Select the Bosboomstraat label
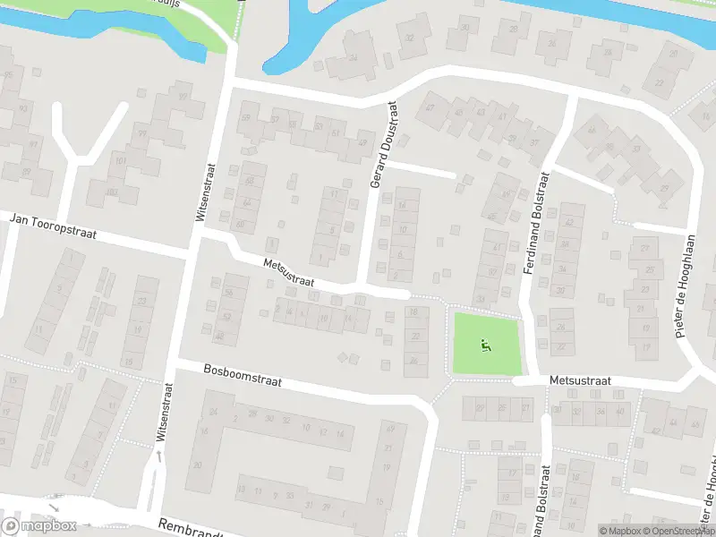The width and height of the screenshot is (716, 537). coord(243,374)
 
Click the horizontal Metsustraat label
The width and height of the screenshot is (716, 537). coord(580,381)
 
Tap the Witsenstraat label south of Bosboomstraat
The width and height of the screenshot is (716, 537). coord(164,411)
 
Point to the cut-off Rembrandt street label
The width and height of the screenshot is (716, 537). coord(189,528)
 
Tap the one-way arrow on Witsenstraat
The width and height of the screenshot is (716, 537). coord(159,457)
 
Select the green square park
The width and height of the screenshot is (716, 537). coord(486,345)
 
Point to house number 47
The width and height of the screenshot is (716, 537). coord(430,108)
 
